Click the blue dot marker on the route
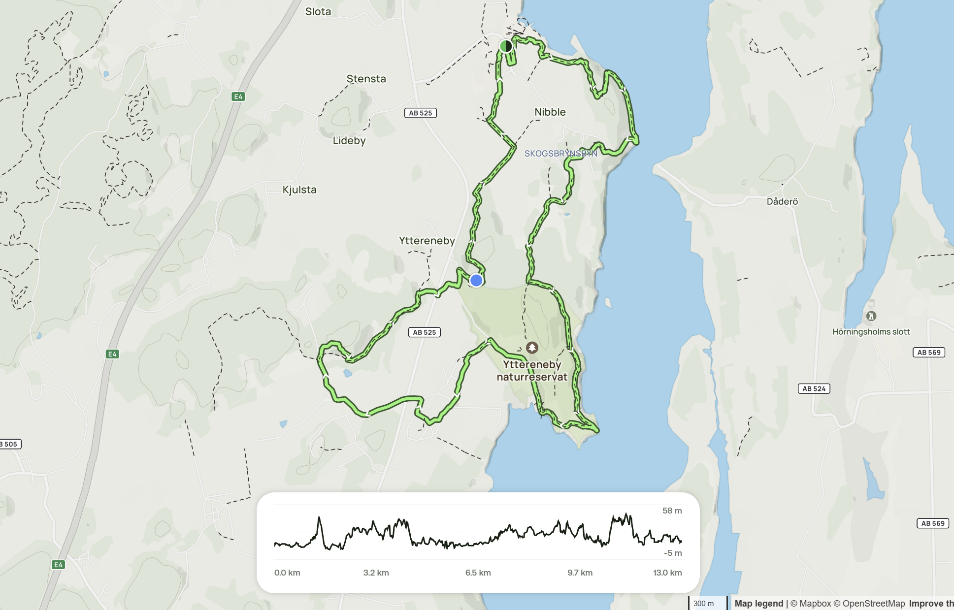tap(476, 280)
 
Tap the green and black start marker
tap(506, 46)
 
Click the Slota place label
tap(318, 11)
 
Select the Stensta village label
tap(366, 79)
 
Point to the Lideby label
tap(349, 141)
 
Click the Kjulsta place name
tap(299, 190)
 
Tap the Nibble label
tap(550, 112)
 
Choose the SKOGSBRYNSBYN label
tap(560, 154)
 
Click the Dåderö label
tap(782, 201)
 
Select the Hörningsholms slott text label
tap(871, 332)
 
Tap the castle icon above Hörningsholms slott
tap(871, 316)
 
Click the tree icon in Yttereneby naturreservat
tap(531, 348)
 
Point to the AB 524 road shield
tap(814, 388)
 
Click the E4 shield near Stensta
tap(238, 96)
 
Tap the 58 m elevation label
tap(672, 511)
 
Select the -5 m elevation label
tap(672, 553)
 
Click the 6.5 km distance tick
tap(478, 573)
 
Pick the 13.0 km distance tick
tap(667, 573)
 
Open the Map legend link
tap(758, 603)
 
